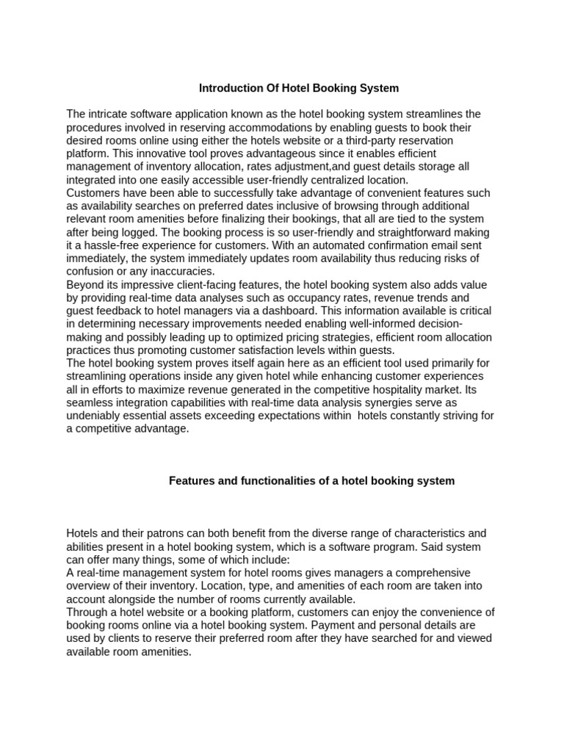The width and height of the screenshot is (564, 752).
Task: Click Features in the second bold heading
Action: [192, 481]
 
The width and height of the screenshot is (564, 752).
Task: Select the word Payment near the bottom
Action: [330, 626]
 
